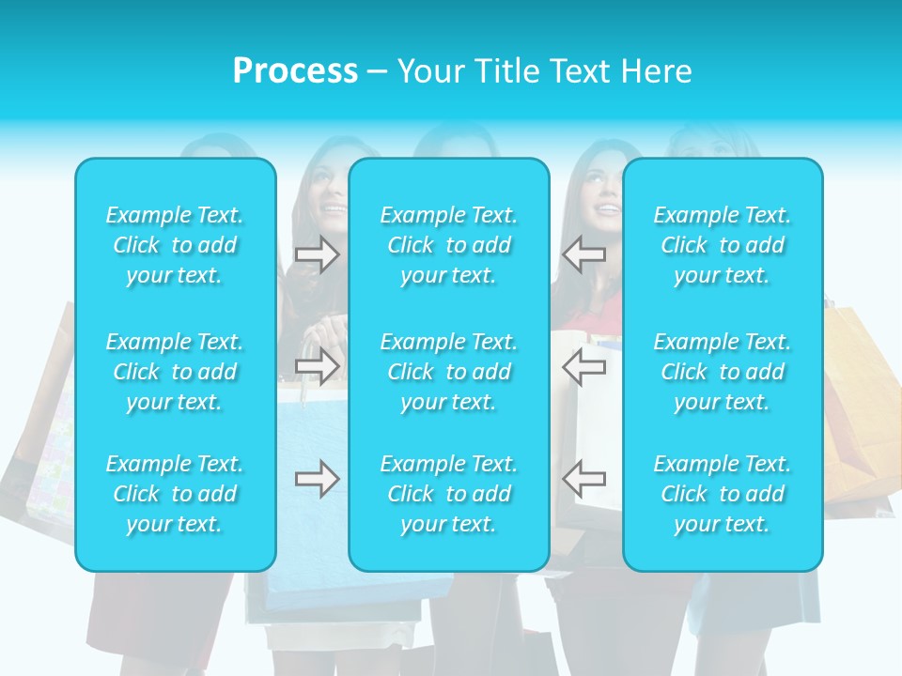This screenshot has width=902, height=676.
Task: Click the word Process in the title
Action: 295,71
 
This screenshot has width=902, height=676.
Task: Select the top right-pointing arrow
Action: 317,254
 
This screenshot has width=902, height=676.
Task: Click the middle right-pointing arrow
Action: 317,366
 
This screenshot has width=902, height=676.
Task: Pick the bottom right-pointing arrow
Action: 317,479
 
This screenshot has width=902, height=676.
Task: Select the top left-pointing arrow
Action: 583,254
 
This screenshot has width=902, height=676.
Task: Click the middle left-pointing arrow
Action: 583,366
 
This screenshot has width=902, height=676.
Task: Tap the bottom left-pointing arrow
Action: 583,478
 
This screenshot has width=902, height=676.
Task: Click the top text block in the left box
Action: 175,245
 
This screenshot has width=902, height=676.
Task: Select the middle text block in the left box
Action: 175,372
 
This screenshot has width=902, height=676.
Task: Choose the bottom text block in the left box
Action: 175,494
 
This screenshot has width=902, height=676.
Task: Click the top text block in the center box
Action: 449,245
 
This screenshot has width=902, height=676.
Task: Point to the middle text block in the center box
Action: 449,372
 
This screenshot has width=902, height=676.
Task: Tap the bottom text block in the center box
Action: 449,494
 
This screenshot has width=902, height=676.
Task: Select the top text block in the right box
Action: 723,245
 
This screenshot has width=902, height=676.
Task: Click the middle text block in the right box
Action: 723,372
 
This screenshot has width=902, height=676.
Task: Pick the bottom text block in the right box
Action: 723,494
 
